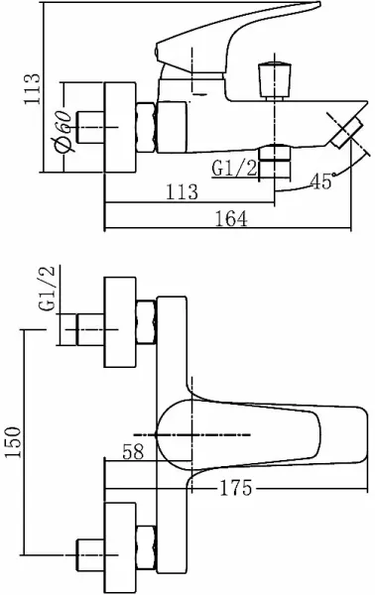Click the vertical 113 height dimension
tap(32, 89)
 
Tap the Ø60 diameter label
tap(62, 131)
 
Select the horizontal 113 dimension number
tap(182, 192)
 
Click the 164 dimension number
tap(231, 219)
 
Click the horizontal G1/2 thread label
tap(234, 169)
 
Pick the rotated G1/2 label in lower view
tap(47, 289)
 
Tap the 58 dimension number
tap(134, 451)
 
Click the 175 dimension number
tap(236, 488)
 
